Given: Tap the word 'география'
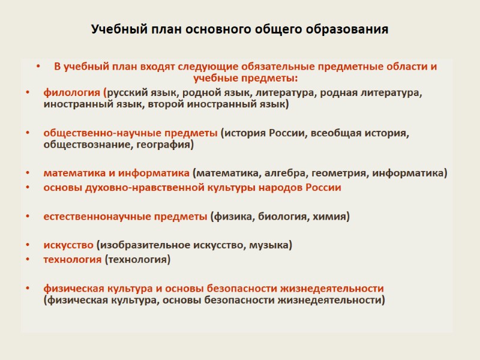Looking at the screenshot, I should (x=164, y=145).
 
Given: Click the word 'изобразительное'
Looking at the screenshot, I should (x=140, y=245).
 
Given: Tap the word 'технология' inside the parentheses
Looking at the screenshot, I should (x=137, y=259).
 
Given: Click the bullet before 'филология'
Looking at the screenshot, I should (x=27, y=94).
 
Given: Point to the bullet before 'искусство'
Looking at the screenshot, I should (x=27, y=245).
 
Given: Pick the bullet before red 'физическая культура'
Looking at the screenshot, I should (x=27, y=289).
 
